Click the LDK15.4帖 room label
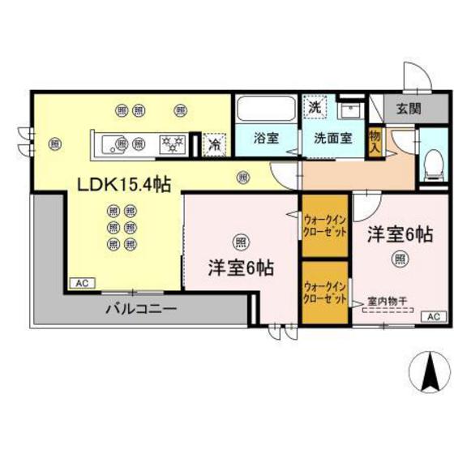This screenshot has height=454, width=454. [123, 186]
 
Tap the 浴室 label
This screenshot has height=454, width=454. [265, 138]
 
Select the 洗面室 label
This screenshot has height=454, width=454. [332, 138]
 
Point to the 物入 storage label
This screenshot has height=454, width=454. [375, 143]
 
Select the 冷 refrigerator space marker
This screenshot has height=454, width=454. [215, 144]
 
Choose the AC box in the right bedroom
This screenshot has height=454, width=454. [432, 316]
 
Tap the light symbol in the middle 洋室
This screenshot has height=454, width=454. [240, 241]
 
